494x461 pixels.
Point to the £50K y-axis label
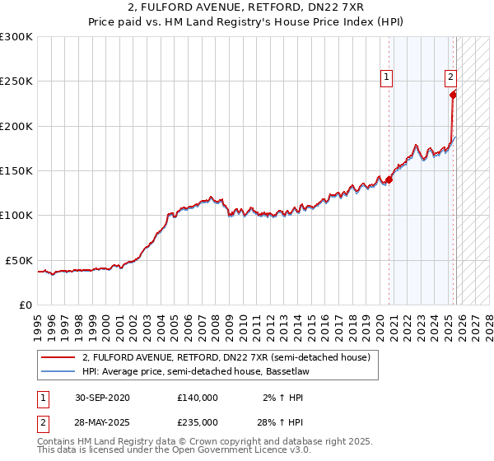pyautogui.click(x=19, y=260)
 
